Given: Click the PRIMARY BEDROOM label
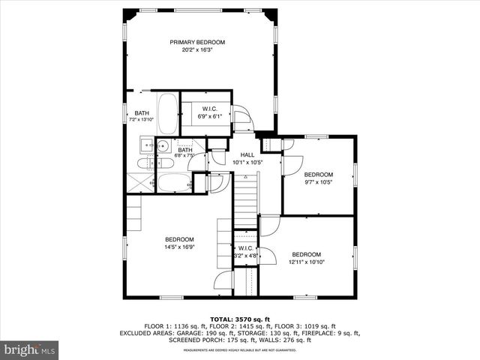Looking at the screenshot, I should (x=197, y=42).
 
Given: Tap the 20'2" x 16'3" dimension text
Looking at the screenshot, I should (x=197, y=49).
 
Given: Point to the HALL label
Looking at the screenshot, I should (x=247, y=154).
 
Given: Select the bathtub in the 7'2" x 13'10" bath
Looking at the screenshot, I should (x=168, y=112).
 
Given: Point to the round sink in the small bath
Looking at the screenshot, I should (x=162, y=146).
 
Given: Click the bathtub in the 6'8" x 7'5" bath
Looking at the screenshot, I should (x=174, y=182).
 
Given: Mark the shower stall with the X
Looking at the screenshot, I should (x=139, y=183).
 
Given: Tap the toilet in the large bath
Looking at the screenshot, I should (x=145, y=163).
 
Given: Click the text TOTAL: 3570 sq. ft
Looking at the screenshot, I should (x=239, y=319).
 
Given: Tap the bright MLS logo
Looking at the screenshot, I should (x=29, y=349).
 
